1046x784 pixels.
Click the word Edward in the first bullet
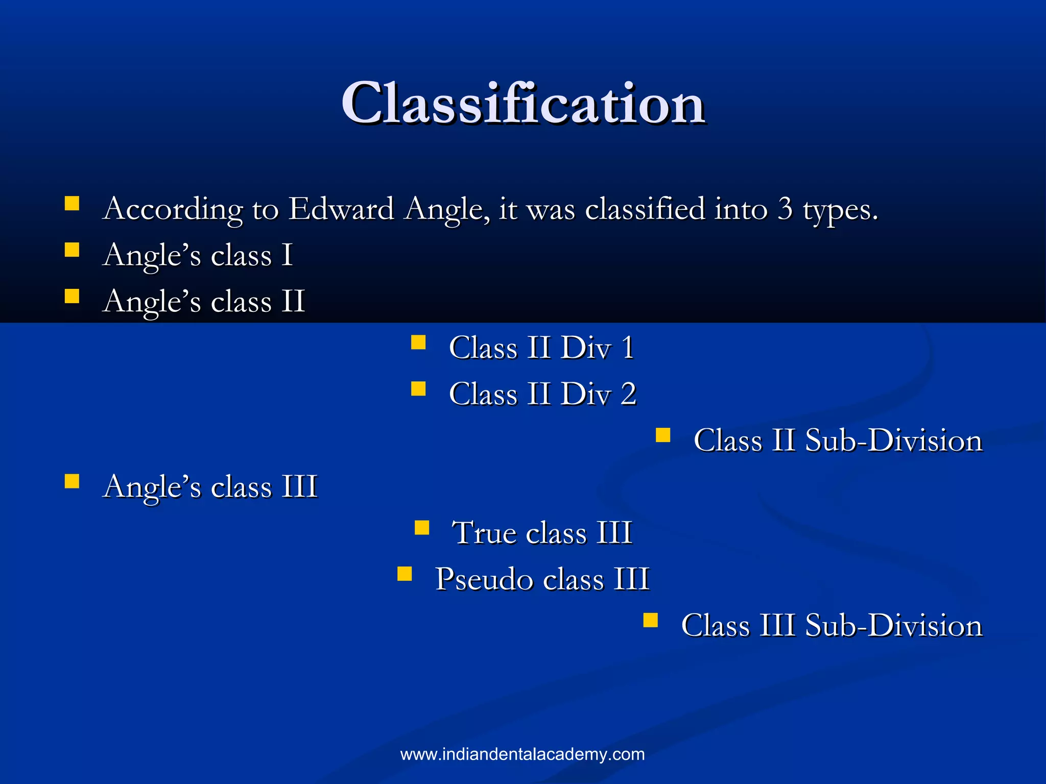point(341,209)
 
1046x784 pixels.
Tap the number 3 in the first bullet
point(785,209)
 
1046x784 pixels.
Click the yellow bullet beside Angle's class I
point(72,250)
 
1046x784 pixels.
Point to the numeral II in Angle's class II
point(293,301)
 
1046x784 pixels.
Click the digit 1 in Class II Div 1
point(628,348)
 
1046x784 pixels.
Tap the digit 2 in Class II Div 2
point(628,394)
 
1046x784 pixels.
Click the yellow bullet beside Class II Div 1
point(418,342)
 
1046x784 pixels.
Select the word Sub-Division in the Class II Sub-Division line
point(894,440)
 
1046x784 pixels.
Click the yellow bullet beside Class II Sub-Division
point(663,435)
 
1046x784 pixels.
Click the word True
point(484,533)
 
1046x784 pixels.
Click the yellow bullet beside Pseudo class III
point(405,574)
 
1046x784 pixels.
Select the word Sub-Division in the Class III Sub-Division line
point(894,626)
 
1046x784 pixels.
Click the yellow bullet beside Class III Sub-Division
point(650,621)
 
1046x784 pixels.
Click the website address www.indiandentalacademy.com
point(522,754)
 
